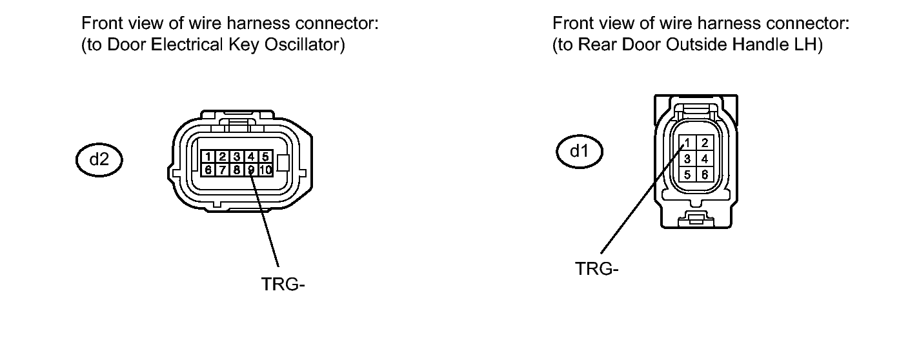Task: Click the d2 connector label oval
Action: tap(99, 159)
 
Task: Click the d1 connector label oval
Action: tap(580, 152)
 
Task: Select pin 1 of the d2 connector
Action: tap(209, 157)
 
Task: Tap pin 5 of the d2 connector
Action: tap(266, 157)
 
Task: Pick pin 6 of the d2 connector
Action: tap(209, 170)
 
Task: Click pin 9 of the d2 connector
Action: tap(252, 170)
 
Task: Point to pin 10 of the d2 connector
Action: tap(266, 170)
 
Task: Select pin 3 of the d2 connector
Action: tap(237, 157)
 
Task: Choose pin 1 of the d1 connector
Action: tap(689, 143)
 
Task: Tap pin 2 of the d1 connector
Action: tap(705, 143)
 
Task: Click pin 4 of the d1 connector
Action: tap(705, 158)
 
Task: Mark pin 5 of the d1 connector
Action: tap(689, 174)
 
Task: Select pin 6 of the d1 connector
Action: tap(705, 174)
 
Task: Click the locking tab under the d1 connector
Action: tap(696, 218)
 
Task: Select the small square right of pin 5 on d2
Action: tap(282, 163)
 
